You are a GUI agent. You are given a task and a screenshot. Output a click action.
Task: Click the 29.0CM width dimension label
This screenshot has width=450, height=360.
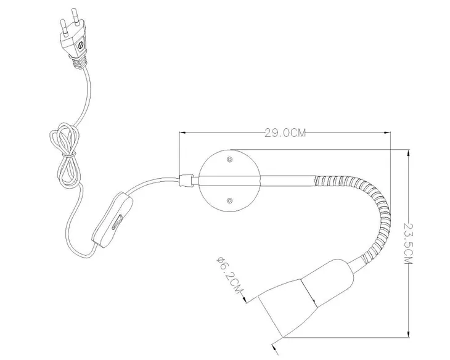coord(285,133)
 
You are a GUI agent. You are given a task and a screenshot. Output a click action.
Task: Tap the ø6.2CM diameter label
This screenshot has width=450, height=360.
coord(229,275)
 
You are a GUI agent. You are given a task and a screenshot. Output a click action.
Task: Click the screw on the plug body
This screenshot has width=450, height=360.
coord(81,45)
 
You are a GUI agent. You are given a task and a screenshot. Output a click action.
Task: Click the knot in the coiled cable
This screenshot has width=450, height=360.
coord(69,155)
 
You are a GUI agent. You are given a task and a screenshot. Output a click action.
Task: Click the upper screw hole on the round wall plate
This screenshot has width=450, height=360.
coord(229,159)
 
